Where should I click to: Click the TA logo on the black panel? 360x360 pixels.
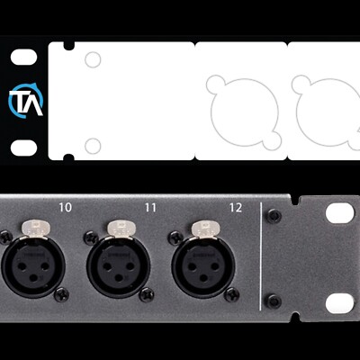[25, 102]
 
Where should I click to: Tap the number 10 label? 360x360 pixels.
[65, 208]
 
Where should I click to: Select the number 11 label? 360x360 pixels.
[150, 208]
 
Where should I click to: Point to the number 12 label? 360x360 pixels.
[236, 208]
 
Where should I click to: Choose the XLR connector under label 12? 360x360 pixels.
[202, 264]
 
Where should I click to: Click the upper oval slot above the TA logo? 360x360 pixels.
[24, 58]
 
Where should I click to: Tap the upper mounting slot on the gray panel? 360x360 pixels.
[339, 213]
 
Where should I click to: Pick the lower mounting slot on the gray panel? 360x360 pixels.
[339, 302]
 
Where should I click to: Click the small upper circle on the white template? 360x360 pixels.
[92, 60]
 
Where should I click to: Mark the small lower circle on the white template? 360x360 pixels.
[92, 145]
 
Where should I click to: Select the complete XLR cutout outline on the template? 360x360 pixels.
[239, 103]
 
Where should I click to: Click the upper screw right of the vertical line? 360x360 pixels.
[274, 216]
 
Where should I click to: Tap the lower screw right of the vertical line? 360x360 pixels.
[274, 301]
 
